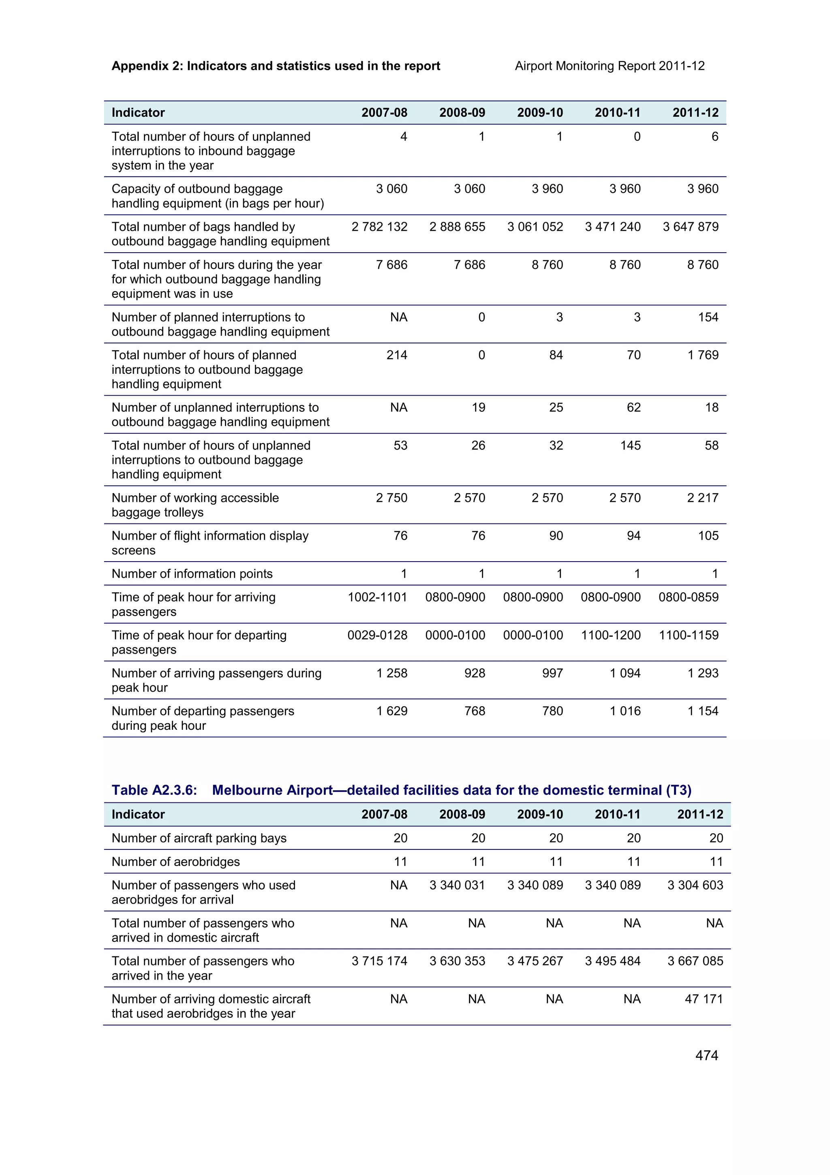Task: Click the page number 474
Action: tap(706, 1055)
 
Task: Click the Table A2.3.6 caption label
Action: tap(154, 790)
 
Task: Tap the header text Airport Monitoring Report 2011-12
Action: tap(610, 66)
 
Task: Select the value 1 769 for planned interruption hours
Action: tap(703, 355)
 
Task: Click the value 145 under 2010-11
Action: tap(630, 445)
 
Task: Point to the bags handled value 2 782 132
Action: tap(379, 227)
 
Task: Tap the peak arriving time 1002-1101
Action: tap(377, 597)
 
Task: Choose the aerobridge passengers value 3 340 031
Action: tap(457, 886)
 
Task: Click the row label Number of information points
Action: tap(192, 574)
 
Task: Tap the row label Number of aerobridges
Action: tap(175, 862)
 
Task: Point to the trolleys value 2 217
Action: tap(703, 498)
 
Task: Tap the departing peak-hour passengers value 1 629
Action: tap(392, 711)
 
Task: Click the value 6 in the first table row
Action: tap(714, 137)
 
